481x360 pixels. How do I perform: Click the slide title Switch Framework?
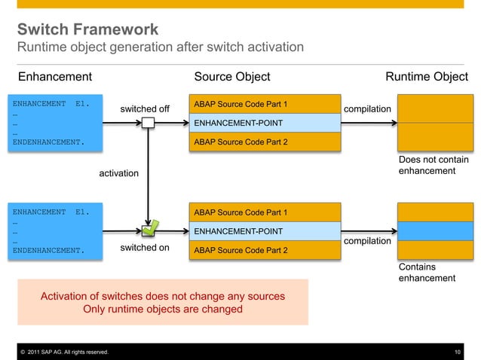(x=88, y=30)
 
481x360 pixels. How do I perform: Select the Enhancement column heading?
(x=54, y=77)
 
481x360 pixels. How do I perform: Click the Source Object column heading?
(x=231, y=77)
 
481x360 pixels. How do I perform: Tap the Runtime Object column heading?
(x=426, y=77)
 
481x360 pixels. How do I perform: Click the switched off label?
(x=145, y=109)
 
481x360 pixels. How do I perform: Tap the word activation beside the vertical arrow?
(x=119, y=174)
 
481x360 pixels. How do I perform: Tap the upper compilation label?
(x=367, y=110)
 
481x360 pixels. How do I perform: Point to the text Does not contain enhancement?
(x=433, y=166)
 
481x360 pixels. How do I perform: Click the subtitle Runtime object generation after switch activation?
(x=161, y=48)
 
